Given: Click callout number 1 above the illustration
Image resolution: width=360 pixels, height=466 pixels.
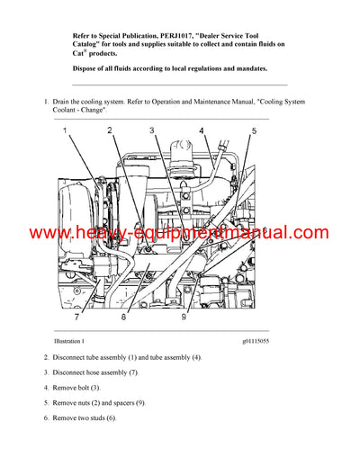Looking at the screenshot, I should click(x=66, y=132).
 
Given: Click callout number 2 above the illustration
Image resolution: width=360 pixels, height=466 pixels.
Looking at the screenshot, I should click(x=110, y=131).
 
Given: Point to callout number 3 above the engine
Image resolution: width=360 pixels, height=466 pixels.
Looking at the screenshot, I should click(x=152, y=131).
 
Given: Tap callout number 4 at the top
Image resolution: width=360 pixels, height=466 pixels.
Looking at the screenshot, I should click(x=202, y=131).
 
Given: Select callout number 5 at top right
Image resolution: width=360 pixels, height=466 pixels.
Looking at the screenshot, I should click(x=254, y=131).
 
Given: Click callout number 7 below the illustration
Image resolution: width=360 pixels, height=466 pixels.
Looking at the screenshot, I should click(x=76, y=318).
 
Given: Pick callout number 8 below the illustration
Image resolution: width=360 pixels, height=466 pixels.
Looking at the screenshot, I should click(x=123, y=318).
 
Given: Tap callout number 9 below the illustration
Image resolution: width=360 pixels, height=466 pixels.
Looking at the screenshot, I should click(x=183, y=318).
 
